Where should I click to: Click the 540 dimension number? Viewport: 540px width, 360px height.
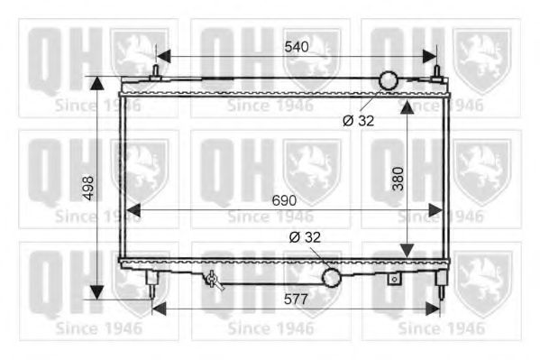[297, 47]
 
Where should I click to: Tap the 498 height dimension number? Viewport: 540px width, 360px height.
[89, 189]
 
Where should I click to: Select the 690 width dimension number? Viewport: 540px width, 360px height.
[284, 200]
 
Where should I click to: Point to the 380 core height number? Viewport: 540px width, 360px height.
[398, 179]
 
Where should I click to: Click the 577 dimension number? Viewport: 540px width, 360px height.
[296, 299]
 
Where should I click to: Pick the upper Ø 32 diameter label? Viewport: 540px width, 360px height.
[359, 121]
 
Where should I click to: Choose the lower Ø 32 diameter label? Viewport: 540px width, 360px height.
[305, 237]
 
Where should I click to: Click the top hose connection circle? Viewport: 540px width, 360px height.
[389, 80]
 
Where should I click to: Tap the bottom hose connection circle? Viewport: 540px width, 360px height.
[331, 278]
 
